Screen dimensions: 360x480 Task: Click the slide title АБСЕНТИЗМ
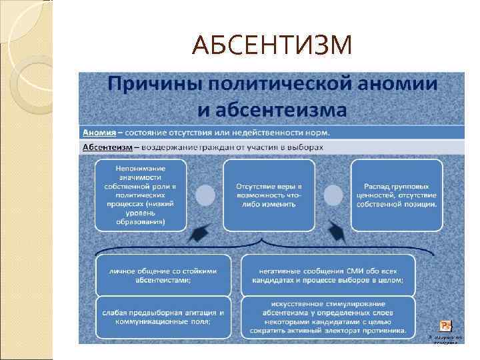tap(271, 45)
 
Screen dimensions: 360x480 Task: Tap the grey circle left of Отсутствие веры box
tap(205, 195)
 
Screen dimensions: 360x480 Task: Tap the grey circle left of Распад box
tap(333, 195)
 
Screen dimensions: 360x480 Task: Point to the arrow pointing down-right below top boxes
tap(337, 233)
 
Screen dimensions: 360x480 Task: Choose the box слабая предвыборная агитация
tap(165, 316)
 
